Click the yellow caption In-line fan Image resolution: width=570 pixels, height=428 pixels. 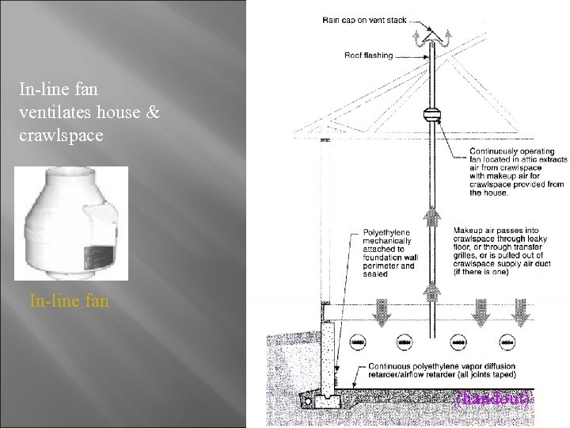[68, 302]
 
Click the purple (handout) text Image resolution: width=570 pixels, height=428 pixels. [492, 398]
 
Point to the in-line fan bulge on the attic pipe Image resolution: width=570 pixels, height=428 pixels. [432, 114]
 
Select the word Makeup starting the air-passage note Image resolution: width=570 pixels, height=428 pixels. [467, 231]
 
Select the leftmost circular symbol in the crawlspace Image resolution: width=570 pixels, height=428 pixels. [356, 342]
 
